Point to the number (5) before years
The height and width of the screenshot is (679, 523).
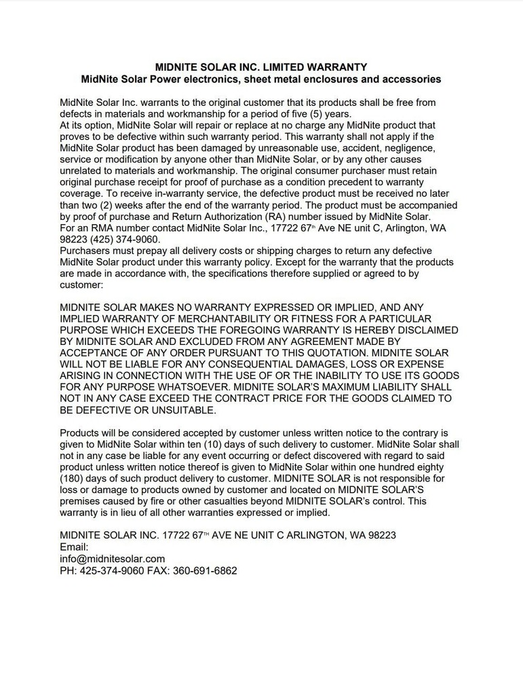pos(315,114)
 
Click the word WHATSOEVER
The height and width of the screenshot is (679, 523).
pos(181,387)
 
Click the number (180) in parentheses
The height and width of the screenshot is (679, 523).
pos(74,478)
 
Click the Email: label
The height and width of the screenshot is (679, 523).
pos(75,547)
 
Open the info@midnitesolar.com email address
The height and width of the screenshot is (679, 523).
pos(113,558)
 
